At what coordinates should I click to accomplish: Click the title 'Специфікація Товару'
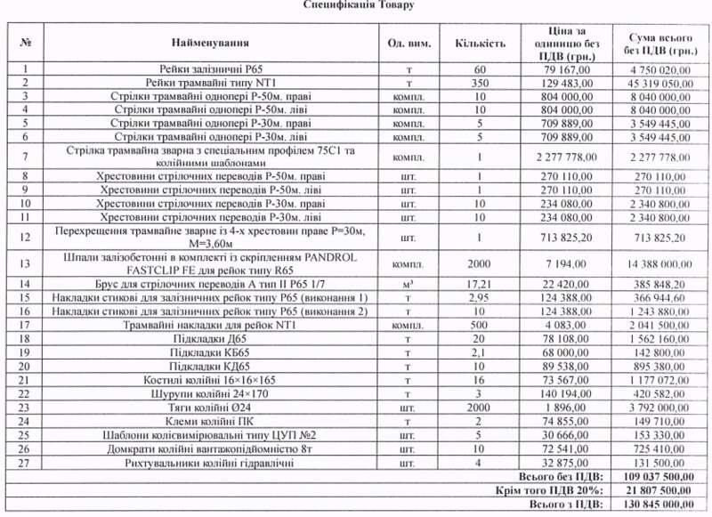click(357, 5)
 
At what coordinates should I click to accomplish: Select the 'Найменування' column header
click(211, 42)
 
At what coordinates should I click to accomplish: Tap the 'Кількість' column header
click(481, 42)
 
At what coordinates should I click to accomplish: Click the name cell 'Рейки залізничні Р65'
click(211, 69)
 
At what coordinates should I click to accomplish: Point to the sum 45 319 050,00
click(660, 83)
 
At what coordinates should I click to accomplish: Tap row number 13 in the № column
click(25, 263)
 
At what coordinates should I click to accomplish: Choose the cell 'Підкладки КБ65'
click(211, 352)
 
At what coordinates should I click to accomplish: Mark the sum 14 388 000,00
click(660, 264)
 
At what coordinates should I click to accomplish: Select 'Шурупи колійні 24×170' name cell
click(211, 394)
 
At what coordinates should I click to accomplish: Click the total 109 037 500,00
click(660, 477)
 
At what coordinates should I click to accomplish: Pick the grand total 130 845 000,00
click(660, 504)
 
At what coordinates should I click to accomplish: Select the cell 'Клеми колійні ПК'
click(211, 422)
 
